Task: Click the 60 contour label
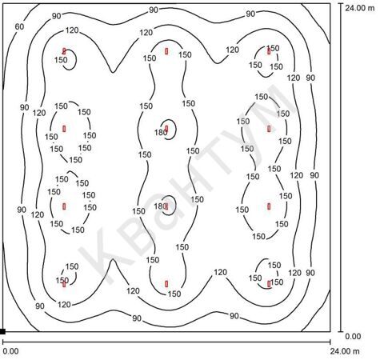pos(19,26)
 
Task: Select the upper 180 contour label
pos(161,132)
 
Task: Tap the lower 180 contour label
pos(160,206)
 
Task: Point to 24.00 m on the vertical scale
pos(360,8)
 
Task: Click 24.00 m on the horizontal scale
pos(345,351)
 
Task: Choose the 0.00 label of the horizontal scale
pos(10,351)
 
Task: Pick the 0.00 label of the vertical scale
pos(353,336)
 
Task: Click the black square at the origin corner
pos(2,331)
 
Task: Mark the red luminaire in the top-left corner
pos(64,51)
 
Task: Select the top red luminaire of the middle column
pos(166,51)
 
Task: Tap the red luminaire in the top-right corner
pos(269,51)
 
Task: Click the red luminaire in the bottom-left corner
pos(64,284)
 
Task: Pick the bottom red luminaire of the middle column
pos(166,284)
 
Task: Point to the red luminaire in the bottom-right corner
pos(269,284)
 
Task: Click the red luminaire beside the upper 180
pos(166,129)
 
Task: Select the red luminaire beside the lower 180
pos(166,206)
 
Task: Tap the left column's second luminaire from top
pos(64,129)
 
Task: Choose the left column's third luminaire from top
pos(64,206)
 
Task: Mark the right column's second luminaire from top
pos(269,129)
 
